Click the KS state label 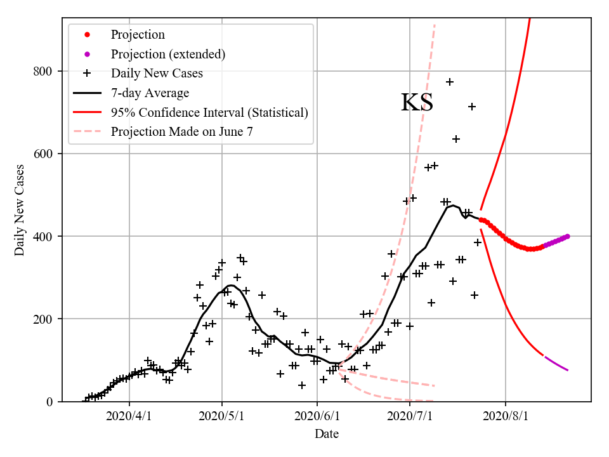tap(417, 103)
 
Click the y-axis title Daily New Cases tap(20, 210)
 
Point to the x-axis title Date tap(327, 434)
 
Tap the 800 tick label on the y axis tap(44, 71)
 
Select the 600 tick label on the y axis tap(44, 154)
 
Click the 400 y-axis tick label tap(44, 236)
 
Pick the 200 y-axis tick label tap(44, 319)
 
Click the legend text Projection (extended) tap(168, 54)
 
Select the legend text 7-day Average tap(150, 93)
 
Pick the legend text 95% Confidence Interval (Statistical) tap(209, 112)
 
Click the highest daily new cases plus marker tap(450, 82)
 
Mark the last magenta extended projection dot tap(567, 236)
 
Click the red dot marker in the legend tap(88, 34)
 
